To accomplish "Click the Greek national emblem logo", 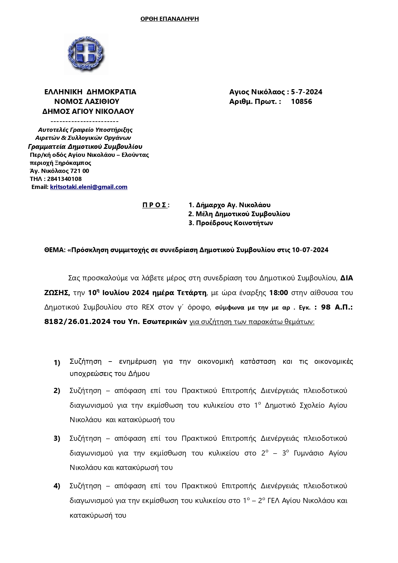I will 86,54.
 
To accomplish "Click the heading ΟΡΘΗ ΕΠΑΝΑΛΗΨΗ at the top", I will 169,19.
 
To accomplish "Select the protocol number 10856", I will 301,102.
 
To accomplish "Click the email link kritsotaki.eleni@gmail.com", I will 89,187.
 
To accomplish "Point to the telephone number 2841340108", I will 64,179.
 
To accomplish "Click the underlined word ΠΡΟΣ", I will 155,205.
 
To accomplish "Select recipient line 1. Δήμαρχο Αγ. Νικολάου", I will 229,205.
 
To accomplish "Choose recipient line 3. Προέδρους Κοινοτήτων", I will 230,223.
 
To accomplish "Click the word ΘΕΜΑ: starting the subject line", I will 55,250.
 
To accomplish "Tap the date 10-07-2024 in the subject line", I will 310,250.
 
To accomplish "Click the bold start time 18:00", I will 278,293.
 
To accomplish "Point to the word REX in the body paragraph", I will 148,307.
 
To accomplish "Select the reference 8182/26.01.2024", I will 77,322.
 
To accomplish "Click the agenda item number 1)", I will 57,363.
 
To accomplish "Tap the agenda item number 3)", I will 57,439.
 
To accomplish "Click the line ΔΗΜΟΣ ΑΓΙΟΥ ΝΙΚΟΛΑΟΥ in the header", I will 88,112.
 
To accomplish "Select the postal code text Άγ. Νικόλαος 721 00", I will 59,171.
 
